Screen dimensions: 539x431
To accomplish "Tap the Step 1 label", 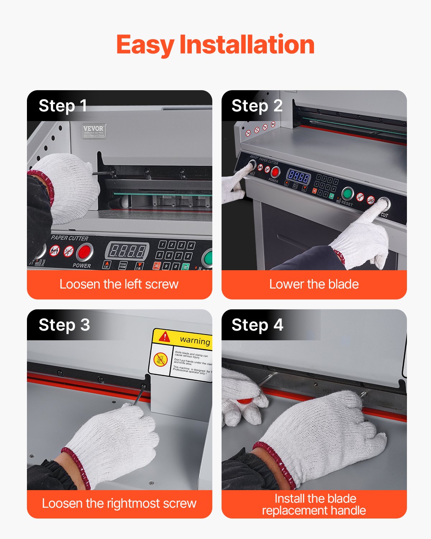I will (x=62, y=106).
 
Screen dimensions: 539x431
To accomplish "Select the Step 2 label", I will (x=257, y=106).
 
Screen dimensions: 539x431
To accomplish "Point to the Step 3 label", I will (x=64, y=325).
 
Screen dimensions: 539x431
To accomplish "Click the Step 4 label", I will (x=257, y=325).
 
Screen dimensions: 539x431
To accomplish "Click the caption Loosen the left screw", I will (x=119, y=284).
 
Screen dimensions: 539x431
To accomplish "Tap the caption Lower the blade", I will (x=314, y=284).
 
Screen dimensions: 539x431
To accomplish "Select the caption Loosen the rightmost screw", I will (x=119, y=503).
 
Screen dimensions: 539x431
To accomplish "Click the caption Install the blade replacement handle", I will (x=314, y=504).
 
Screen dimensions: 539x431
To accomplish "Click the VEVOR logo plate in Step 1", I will (x=94, y=131).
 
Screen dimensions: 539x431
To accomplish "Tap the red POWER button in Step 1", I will (x=84, y=252).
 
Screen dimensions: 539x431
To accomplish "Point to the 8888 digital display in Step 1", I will (x=127, y=250).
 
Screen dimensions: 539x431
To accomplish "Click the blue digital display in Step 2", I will (x=298, y=176).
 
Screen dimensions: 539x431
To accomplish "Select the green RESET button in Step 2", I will (x=347, y=193).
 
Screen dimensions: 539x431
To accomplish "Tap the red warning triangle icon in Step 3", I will (x=164, y=336).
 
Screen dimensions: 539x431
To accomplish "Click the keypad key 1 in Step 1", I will (x=162, y=245).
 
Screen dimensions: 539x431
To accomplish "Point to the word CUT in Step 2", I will (x=384, y=215).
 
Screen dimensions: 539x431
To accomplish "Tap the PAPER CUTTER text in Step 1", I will (x=69, y=238).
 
